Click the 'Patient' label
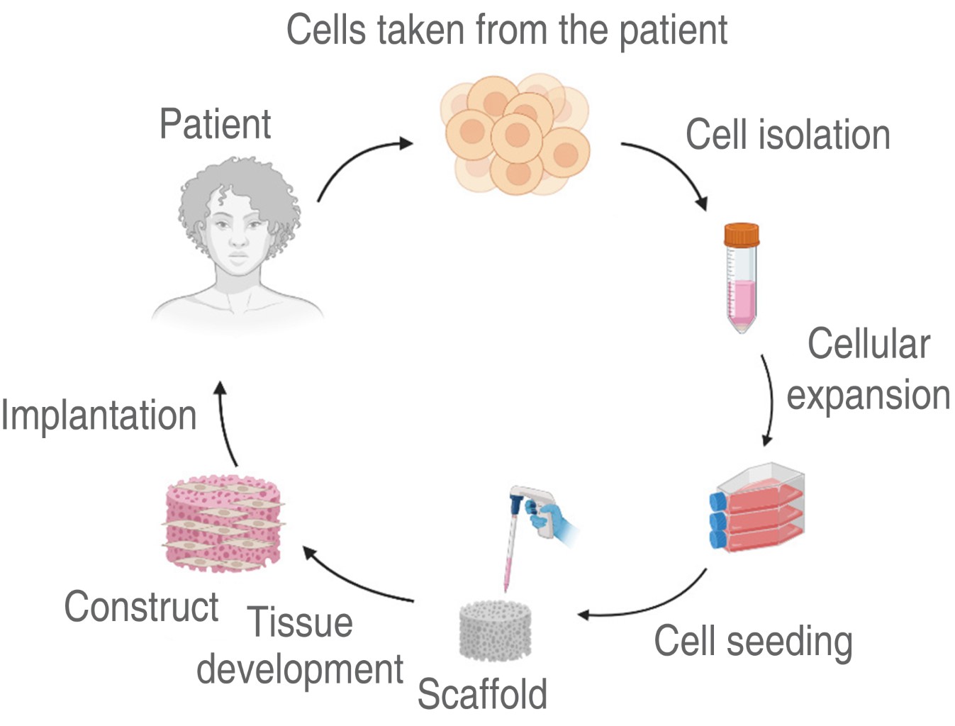(215, 124)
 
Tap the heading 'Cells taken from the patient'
(506, 30)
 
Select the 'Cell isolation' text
(787, 135)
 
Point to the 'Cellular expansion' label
(868, 369)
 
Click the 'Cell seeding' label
(753, 641)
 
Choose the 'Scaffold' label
(482, 693)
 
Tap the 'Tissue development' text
(300, 645)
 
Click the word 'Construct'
(141, 607)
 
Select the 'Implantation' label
(99, 415)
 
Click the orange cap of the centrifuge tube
(742, 234)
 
